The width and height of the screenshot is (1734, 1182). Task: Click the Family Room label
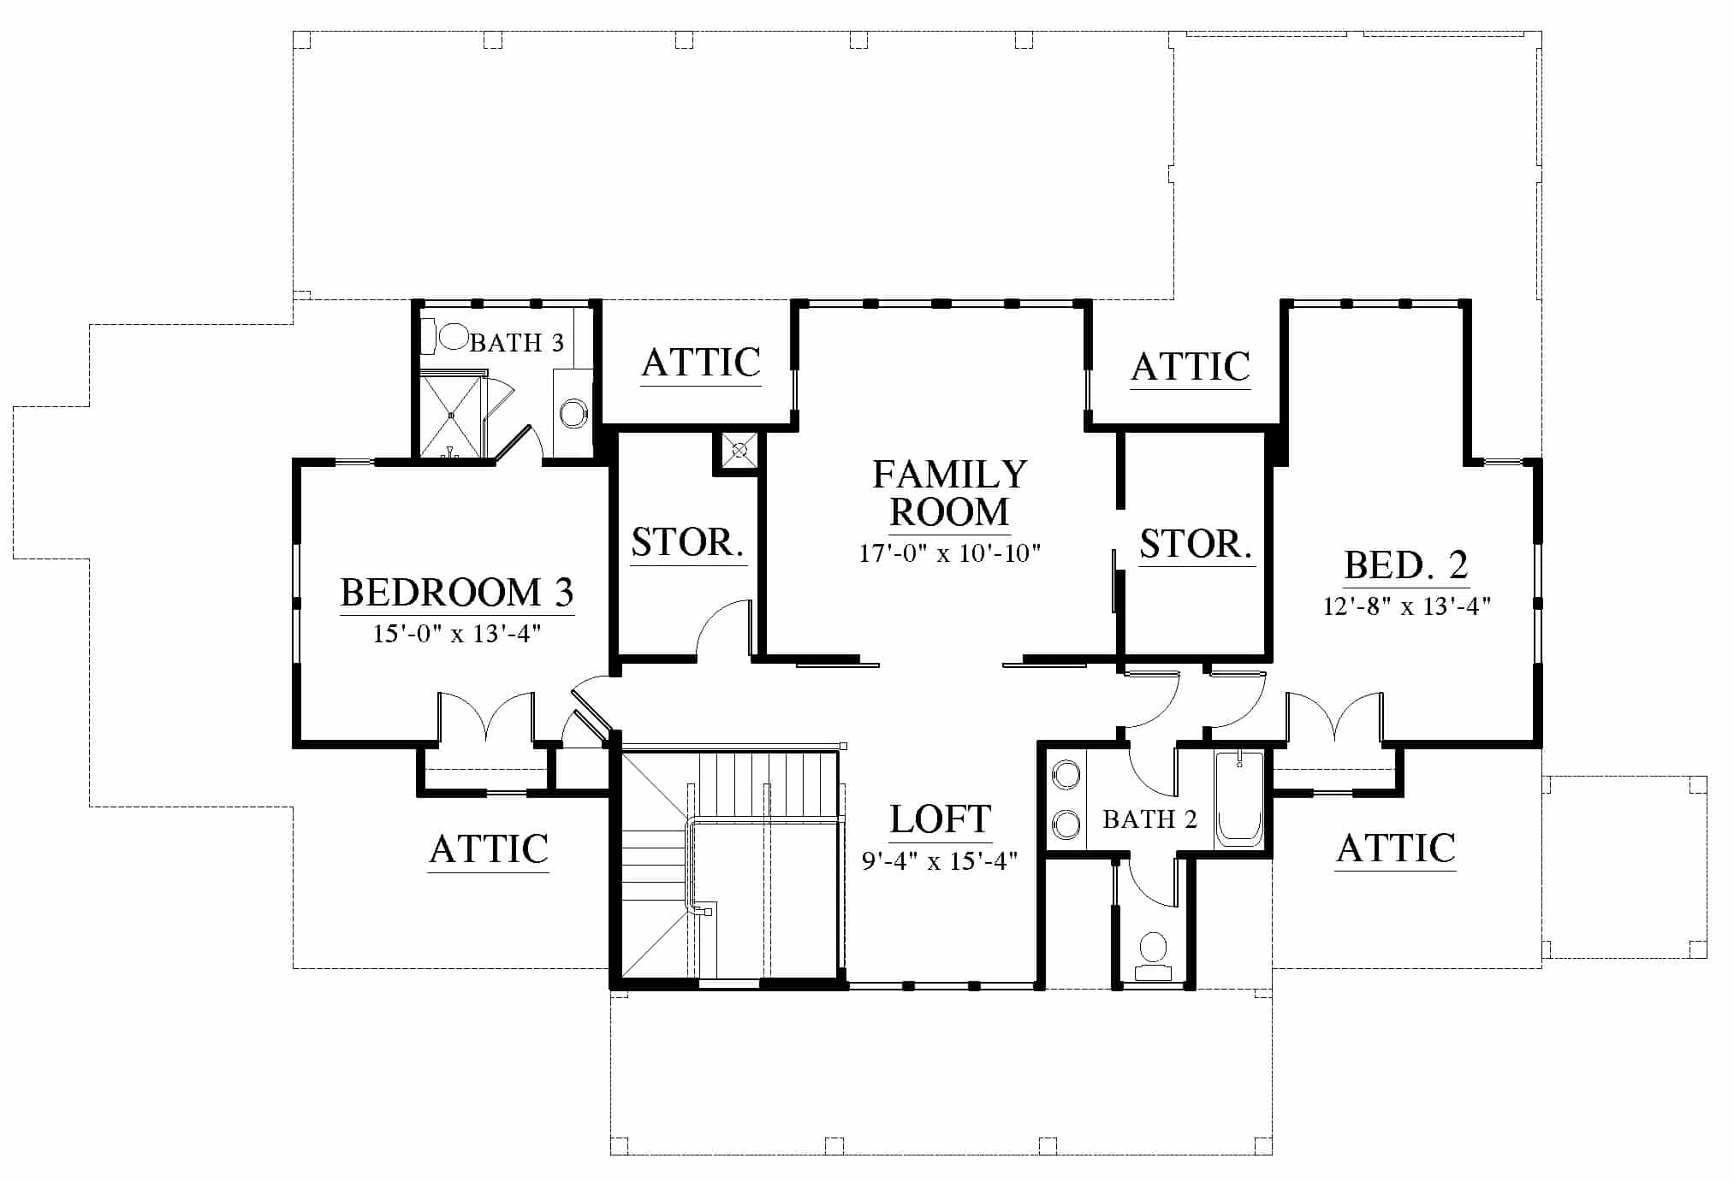949,493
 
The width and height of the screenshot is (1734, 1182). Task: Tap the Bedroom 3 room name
457,592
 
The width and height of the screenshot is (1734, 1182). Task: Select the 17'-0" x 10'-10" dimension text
949,553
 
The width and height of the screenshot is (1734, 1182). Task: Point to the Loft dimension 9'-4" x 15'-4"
940,860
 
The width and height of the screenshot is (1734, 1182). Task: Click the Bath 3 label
517,343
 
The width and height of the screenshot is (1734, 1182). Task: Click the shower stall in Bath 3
451,416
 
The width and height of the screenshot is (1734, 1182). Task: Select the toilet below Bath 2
1153,957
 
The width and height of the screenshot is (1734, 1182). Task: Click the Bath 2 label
1149,819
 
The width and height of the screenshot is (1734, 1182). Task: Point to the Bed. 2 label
1406,564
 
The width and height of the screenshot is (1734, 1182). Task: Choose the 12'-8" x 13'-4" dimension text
1407,606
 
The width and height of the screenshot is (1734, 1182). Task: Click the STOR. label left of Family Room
687,541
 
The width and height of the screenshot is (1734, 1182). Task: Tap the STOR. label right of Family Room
1196,544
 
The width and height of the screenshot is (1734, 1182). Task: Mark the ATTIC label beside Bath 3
701,363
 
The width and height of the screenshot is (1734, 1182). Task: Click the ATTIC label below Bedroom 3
489,849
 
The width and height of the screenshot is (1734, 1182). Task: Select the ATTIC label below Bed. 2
1396,848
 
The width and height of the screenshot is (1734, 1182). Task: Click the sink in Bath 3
573,414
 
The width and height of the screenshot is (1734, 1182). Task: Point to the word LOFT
941,819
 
